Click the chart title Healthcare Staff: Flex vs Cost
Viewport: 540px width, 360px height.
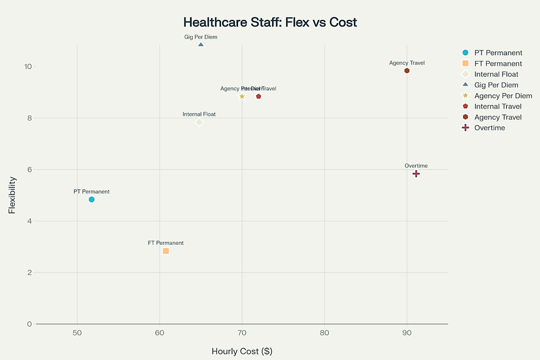coord(270,23)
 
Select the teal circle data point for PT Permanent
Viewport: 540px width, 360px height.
coord(91,200)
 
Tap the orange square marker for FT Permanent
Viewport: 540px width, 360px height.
coord(166,251)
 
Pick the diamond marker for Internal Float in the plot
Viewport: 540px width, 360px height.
coord(199,122)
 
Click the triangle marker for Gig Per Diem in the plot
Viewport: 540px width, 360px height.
coord(201,45)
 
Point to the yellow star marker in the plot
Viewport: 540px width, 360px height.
coord(242,96)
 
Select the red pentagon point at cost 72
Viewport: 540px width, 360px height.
coord(258,96)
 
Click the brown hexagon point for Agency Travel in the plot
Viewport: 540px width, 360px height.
coord(407,71)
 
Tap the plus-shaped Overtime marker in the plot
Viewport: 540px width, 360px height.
coord(416,174)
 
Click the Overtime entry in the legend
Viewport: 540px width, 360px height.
coord(489,128)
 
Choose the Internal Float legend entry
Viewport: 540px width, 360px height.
coord(496,74)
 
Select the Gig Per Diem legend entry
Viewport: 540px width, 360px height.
coord(496,85)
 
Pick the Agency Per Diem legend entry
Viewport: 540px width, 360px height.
coord(503,96)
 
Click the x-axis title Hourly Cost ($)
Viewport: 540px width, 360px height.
coord(242,351)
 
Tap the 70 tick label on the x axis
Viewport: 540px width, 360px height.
coord(242,333)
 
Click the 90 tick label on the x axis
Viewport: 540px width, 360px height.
coord(407,333)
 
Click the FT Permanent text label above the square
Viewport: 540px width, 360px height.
coord(166,243)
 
